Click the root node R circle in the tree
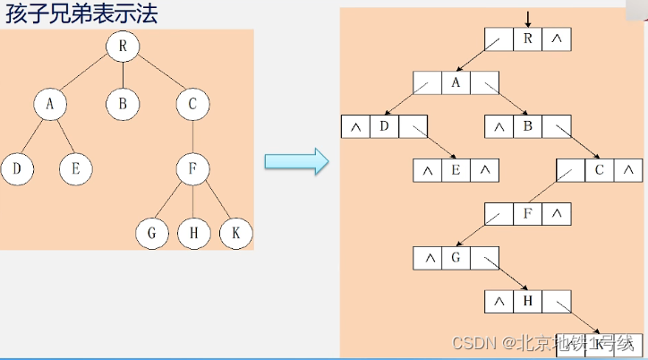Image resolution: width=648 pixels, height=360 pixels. coord(122,47)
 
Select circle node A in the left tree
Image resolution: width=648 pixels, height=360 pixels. coord(50,104)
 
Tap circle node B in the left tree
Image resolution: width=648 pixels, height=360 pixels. coord(122,104)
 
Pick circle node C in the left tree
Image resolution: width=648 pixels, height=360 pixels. coord(192,104)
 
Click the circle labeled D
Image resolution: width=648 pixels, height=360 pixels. coord(18,167)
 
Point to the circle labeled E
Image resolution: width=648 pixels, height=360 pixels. coord(76,167)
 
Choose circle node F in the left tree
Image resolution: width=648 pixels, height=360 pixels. coord(192,167)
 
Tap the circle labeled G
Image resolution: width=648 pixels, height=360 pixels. coord(152,233)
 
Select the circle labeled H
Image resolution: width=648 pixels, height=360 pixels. coord(193,233)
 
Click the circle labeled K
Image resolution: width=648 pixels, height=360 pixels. coord(235,233)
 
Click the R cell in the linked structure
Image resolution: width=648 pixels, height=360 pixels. coord(527,39)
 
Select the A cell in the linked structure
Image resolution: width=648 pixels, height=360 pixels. coord(456,83)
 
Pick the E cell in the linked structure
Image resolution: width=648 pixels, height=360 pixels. coord(456,170)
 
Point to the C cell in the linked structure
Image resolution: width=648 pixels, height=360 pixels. coord(599,170)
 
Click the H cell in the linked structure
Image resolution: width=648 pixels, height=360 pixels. coord(527,302)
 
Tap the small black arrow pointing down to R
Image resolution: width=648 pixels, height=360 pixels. coord(528,19)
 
